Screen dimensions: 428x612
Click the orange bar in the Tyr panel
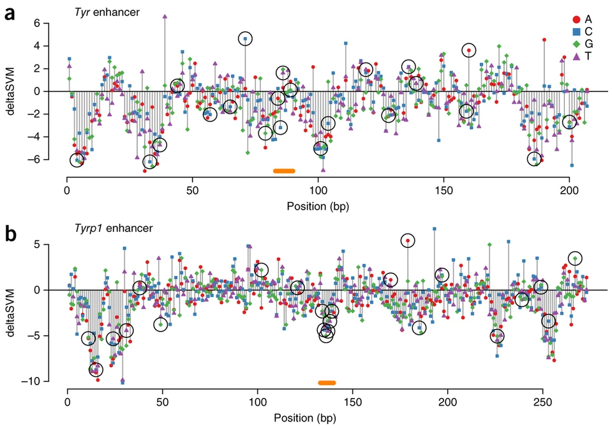click(284, 171)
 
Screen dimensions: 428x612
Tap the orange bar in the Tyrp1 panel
click(327, 383)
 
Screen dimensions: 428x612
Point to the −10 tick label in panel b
click(49, 381)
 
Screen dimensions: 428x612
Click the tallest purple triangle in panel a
click(165, 16)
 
